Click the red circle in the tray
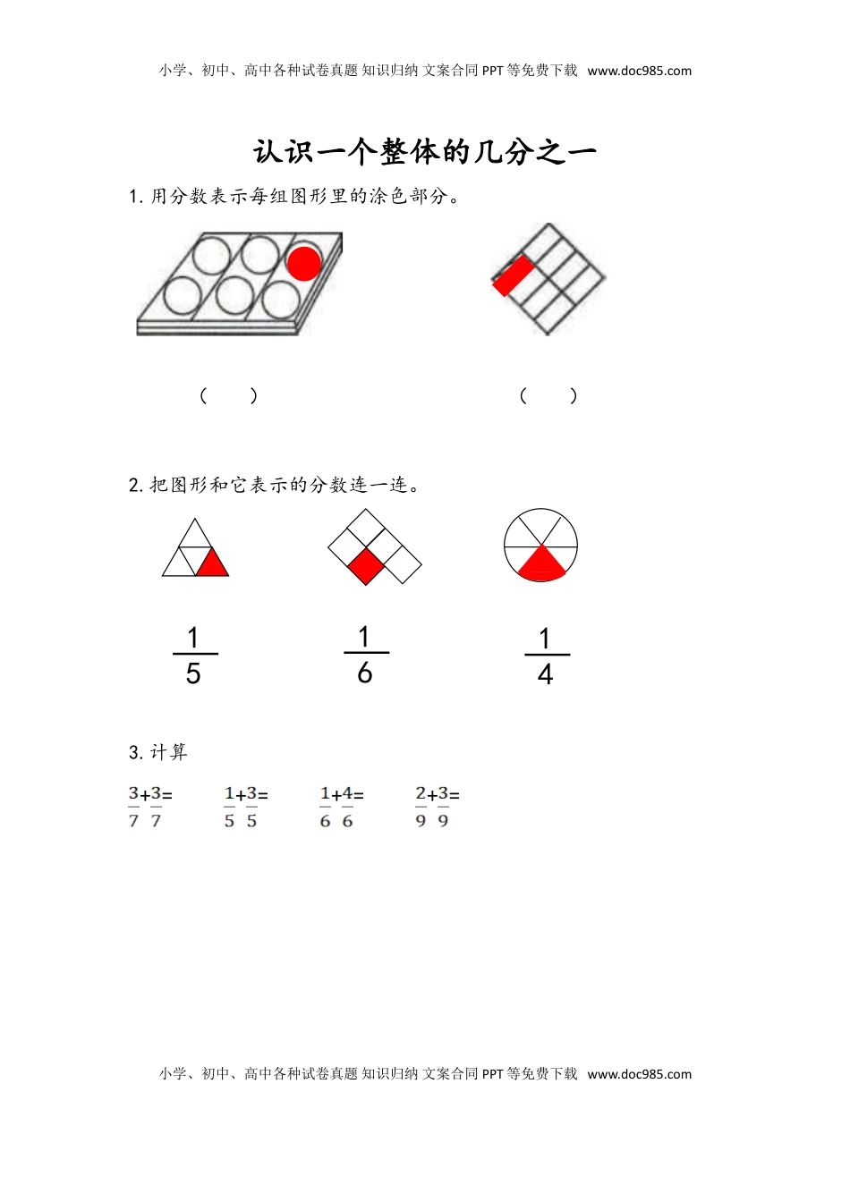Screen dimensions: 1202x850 coord(303,262)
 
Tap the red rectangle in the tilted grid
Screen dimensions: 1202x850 coord(514,275)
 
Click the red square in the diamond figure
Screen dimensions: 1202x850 coord(366,566)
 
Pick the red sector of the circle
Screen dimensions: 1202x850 coord(541,564)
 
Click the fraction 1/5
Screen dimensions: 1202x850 coord(193,656)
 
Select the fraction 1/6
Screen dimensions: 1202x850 coord(365,655)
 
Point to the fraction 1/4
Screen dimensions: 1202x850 coord(546,656)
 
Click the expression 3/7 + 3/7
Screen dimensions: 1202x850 coord(149,807)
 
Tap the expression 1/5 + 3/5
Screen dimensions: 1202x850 coord(245,807)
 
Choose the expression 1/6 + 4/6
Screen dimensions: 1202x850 coord(341,807)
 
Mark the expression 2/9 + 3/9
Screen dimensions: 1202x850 coord(437,807)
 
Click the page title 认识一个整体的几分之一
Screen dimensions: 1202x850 coord(425,152)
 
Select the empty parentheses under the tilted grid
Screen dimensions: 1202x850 coord(548,395)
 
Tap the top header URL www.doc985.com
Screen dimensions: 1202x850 coord(640,71)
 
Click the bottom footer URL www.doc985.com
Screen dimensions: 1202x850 coord(640,1074)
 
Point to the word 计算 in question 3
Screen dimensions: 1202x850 coord(169,753)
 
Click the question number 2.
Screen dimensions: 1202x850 coord(134,486)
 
